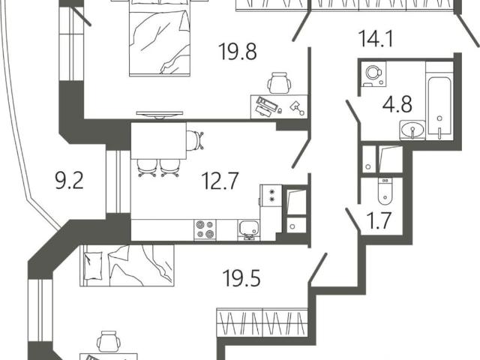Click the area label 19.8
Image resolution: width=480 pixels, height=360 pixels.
click(238, 52)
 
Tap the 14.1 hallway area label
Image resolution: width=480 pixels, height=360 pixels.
click(375, 38)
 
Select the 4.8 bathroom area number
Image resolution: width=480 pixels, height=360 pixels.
click(397, 104)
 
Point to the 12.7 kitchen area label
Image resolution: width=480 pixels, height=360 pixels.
click(220, 181)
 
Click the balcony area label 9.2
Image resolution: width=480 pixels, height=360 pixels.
click(69, 181)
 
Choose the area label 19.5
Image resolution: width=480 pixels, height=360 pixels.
click(241, 278)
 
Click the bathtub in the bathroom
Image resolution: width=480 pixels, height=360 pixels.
click(439, 105)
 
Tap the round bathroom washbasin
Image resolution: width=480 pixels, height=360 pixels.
click(412, 130)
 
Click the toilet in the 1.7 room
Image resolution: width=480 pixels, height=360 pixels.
click(385, 190)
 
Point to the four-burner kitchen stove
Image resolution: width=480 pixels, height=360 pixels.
click(205, 230)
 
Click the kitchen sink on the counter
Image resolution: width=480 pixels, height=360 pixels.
click(248, 229)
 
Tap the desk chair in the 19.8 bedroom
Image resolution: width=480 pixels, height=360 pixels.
click(279, 83)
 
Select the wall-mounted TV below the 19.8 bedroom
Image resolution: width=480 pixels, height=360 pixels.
click(160, 115)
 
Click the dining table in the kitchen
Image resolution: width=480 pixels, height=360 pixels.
click(158, 140)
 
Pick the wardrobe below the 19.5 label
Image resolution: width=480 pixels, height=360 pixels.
click(262, 322)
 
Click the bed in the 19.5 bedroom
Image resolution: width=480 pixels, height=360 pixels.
click(127, 265)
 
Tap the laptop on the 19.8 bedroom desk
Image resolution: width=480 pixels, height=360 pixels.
click(265, 106)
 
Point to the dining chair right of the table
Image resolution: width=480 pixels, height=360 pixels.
click(195, 140)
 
